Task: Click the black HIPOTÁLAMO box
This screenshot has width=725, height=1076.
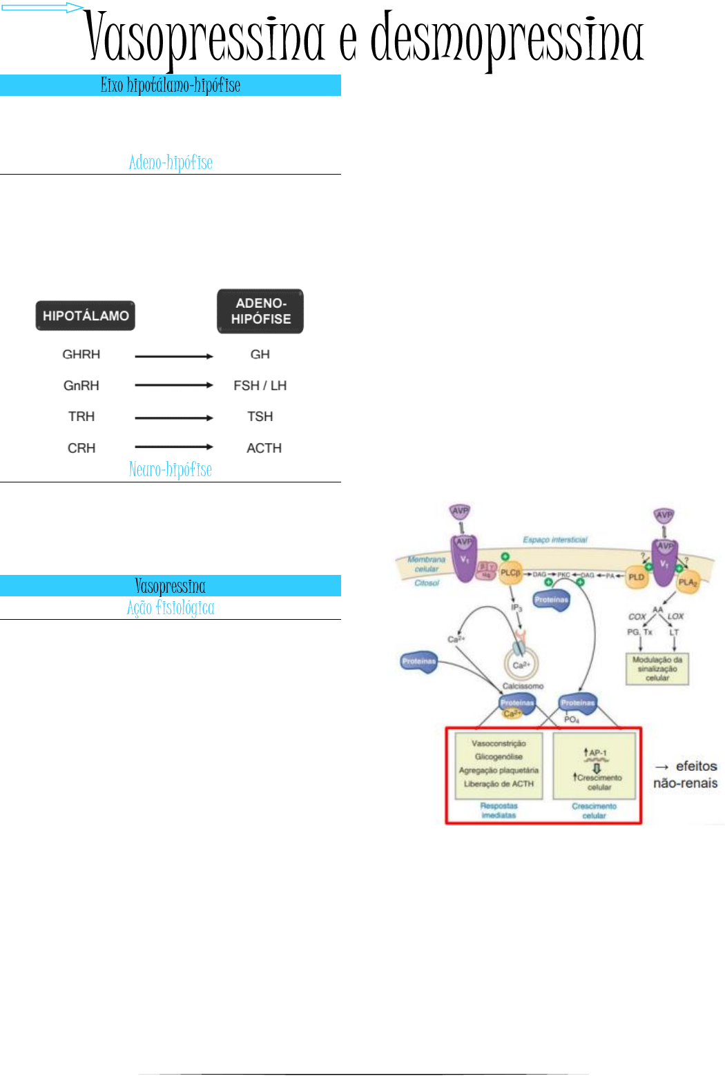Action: (x=86, y=315)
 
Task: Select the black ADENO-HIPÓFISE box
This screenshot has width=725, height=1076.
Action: (x=260, y=311)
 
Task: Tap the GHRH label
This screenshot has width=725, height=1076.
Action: (x=81, y=354)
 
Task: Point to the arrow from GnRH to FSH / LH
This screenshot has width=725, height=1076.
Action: (x=173, y=385)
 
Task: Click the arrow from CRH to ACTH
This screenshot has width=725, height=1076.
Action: (x=173, y=447)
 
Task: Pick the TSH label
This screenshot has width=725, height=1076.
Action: (x=260, y=416)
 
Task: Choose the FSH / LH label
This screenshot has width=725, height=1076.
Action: (x=260, y=385)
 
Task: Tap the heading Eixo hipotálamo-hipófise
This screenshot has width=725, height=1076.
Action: (x=171, y=85)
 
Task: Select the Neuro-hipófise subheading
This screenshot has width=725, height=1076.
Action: (x=171, y=469)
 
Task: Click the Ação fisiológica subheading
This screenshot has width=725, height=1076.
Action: (x=171, y=607)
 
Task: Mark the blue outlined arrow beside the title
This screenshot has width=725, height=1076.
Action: (x=42, y=8)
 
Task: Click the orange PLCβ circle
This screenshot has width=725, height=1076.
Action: (x=510, y=573)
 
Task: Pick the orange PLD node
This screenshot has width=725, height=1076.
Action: (x=636, y=577)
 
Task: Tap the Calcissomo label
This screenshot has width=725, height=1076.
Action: (x=523, y=686)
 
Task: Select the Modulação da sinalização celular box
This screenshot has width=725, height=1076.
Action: (x=657, y=669)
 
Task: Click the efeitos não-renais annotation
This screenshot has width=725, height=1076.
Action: (x=686, y=774)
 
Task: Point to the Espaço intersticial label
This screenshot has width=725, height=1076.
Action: (x=555, y=540)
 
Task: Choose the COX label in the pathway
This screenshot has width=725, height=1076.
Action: (x=637, y=616)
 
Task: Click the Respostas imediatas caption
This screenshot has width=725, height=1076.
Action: (x=499, y=810)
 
